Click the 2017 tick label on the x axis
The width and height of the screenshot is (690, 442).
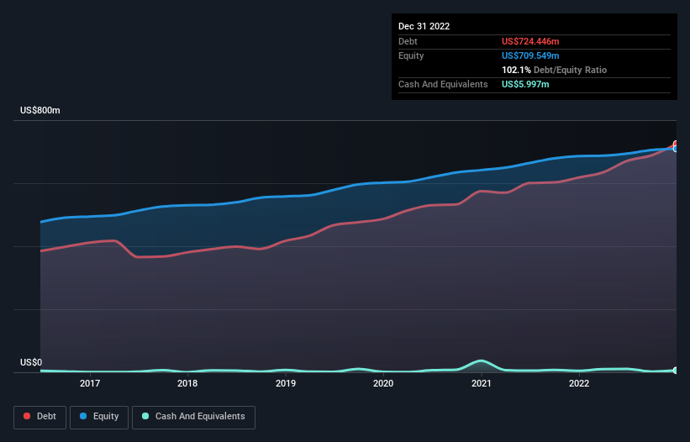(x=90, y=384)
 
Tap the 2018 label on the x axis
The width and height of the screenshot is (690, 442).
(x=187, y=384)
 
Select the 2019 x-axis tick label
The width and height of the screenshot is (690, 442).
(x=286, y=384)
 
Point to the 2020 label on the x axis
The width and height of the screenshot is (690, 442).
(x=383, y=384)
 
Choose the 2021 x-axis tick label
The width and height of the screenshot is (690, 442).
(x=482, y=384)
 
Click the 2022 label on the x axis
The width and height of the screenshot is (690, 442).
(x=579, y=384)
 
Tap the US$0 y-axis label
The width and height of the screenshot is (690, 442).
(x=31, y=363)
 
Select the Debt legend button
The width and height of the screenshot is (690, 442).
(x=39, y=417)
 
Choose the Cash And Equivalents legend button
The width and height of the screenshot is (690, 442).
(x=193, y=417)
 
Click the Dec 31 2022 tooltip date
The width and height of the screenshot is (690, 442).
(x=424, y=26)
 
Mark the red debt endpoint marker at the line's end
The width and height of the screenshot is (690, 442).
(x=676, y=145)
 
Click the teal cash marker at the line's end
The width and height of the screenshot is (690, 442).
(x=676, y=370)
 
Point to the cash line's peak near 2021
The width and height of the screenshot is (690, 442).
(x=481, y=360)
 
